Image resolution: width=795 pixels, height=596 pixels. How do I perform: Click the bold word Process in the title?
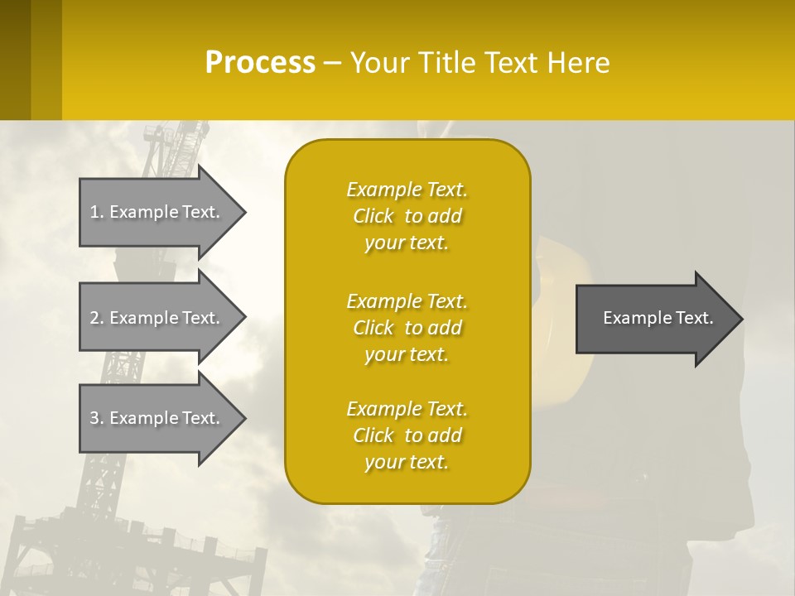(260, 63)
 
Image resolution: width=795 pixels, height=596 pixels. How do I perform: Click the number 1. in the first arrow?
(97, 212)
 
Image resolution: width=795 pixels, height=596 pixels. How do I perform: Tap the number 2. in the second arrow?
(97, 318)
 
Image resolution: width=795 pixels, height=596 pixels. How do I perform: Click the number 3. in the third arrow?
(97, 418)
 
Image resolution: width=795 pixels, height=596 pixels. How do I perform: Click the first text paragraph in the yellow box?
(407, 216)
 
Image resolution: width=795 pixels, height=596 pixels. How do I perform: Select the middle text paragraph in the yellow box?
(407, 328)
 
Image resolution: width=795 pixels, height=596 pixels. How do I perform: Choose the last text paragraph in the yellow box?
(407, 435)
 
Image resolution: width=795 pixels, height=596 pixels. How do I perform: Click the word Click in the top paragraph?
(373, 216)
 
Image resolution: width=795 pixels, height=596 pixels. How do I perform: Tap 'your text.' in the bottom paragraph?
(407, 462)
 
